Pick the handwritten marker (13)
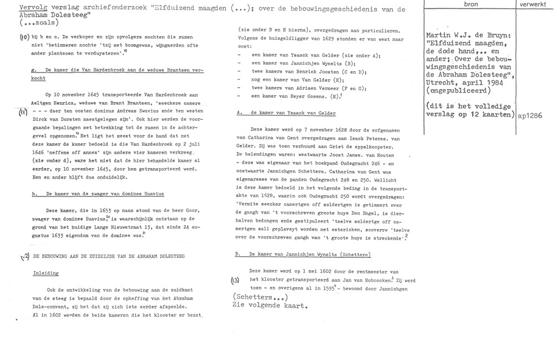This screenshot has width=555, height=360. point(236,280)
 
